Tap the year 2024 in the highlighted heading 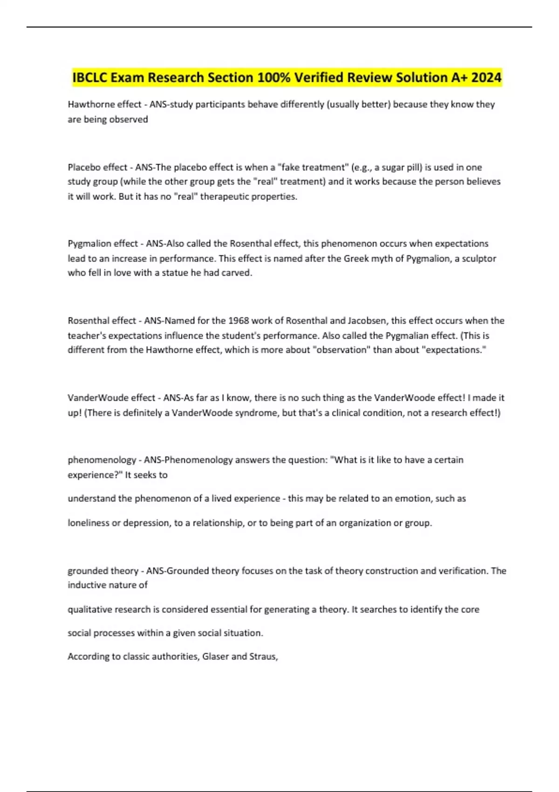486,77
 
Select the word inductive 86,585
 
